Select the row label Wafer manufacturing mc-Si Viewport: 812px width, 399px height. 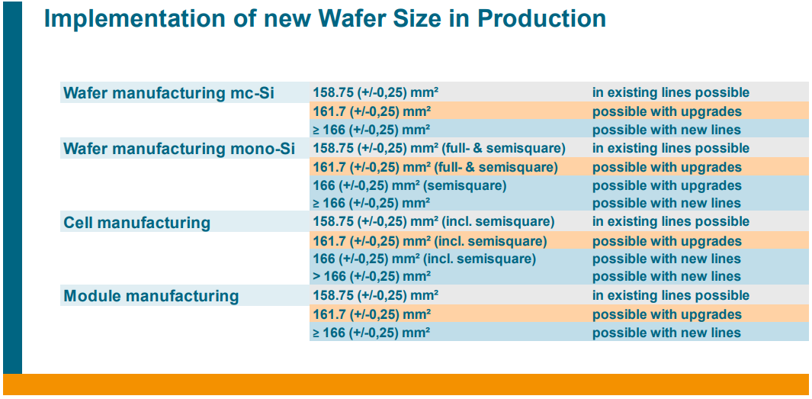[x=168, y=93]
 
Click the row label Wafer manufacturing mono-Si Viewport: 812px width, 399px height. [x=179, y=149]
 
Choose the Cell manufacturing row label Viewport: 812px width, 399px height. [x=136, y=223]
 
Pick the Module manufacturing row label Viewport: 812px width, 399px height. [x=151, y=296]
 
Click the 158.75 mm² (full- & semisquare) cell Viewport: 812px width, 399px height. [x=438, y=148]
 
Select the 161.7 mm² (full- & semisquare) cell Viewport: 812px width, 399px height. [x=435, y=167]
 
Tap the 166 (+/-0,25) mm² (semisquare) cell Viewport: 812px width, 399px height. [x=409, y=185]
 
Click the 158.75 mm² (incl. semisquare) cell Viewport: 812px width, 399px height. [x=433, y=221]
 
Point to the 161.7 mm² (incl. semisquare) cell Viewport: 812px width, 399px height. [x=429, y=241]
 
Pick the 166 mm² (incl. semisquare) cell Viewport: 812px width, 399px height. [x=424, y=259]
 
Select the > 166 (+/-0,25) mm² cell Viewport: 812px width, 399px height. [x=371, y=276]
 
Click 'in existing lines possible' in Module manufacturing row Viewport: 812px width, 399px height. [x=671, y=295]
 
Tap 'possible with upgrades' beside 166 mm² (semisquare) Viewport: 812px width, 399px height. [x=666, y=185]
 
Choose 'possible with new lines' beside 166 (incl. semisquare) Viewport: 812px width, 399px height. [x=666, y=259]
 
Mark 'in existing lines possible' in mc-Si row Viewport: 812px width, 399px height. [x=671, y=92]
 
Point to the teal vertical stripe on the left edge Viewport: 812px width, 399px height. [x=12, y=191]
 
